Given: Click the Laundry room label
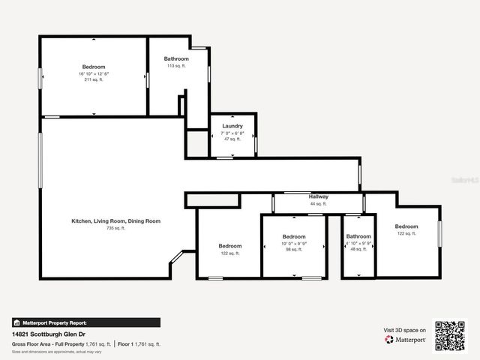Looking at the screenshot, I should click(232, 126).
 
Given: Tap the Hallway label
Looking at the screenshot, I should click(319, 196).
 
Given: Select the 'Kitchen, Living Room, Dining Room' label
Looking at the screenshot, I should click(115, 221).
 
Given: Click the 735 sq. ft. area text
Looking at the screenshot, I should click(115, 228).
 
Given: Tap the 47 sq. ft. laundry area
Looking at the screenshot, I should click(232, 139).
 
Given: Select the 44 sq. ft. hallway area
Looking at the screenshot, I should click(319, 203).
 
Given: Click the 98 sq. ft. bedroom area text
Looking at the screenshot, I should click(293, 250).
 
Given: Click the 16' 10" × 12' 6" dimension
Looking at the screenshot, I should click(93, 73).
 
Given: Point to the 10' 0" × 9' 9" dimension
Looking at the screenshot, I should click(293, 243).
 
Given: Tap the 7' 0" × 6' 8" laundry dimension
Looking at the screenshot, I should click(232, 133).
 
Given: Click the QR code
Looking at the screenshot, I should click(450, 336).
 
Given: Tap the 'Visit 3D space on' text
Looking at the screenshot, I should click(405, 330).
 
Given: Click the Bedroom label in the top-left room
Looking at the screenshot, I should click(94, 67).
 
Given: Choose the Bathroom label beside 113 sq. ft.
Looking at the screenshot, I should click(177, 59).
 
